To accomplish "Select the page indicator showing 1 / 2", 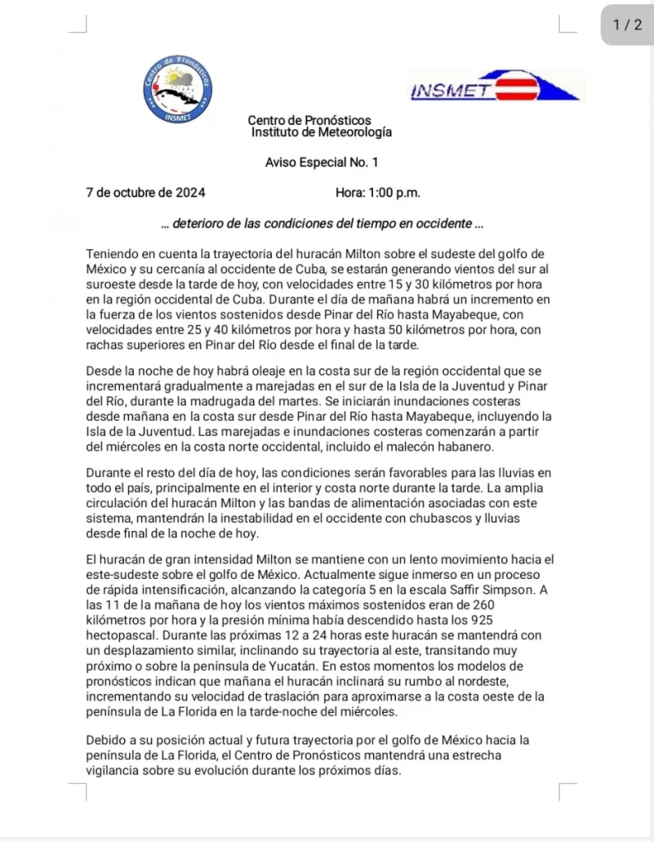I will (x=627, y=25).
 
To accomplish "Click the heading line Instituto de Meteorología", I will (x=321, y=132).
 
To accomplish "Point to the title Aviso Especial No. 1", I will (x=321, y=163).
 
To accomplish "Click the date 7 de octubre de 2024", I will (x=145, y=193).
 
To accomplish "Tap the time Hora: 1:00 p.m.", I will (x=377, y=193).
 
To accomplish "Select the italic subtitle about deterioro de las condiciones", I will (x=321, y=223).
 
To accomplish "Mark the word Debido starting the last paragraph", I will (x=106, y=740).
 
